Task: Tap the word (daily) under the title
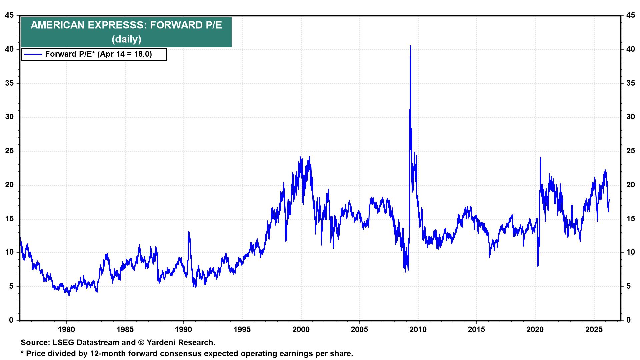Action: click(x=126, y=39)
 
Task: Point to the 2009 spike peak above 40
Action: click(x=410, y=46)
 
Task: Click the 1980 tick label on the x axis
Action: click(x=66, y=330)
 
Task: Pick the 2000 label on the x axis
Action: click(x=301, y=330)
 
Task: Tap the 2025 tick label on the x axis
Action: click(x=594, y=330)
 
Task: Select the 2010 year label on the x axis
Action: click(x=418, y=330)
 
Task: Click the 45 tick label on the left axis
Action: click(x=9, y=15)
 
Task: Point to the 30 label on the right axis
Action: click(x=630, y=117)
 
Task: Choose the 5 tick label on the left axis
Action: click(x=11, y=286)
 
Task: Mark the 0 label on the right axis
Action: click(x=628, y=320)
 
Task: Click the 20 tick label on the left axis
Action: click(x=9, y=185)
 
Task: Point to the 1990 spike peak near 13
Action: click(x=189, y=232)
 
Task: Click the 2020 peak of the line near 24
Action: click(x=540, y=157)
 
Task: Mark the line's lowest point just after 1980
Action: click(x=69, y=295)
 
